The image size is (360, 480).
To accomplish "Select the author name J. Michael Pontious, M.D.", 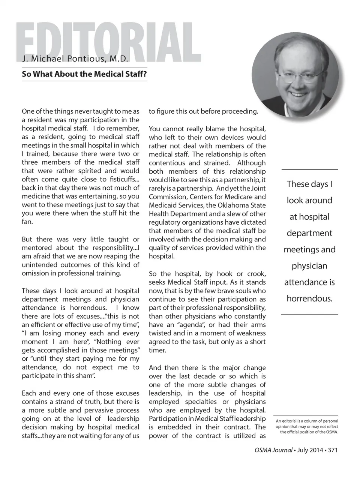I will pyautogui.click(x=75, y=59).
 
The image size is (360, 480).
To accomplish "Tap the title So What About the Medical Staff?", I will pyautogui.click(x=84, y=74).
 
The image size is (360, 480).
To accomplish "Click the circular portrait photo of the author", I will pyautogui.click(x=295, y=75).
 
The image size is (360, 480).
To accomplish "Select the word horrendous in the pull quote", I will pyautogui.click(x=309, y=298).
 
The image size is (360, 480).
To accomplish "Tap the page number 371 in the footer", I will pyautogui.click(x=333, y=450).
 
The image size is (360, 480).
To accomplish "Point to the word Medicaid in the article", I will pyautogui.click(x=162, y=205).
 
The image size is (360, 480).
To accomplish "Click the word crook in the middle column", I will pyautogui.click(x=256, y=274).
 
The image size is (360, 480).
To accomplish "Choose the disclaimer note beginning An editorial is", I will pyautogui.click(x=307, y=426).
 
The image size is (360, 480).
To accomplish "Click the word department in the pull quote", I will pyautogui.click(x=309, y=233).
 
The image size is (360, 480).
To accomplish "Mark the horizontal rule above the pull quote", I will pyautogui.click(x=309, y=169).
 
